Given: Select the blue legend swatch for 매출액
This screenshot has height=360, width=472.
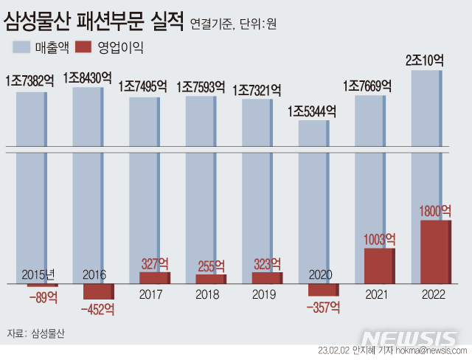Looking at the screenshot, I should [30, 48].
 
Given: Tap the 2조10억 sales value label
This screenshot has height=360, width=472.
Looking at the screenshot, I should [425, 61].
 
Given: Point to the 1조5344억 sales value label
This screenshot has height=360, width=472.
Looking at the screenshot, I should [312, 112].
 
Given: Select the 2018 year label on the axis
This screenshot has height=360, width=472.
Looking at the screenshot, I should [208, 294].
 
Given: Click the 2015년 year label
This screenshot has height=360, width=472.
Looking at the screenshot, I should [39, 274].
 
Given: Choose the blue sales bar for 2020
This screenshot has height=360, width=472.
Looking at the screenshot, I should [312, 199].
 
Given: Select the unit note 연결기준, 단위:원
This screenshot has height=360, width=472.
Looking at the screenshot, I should [233, 23].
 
